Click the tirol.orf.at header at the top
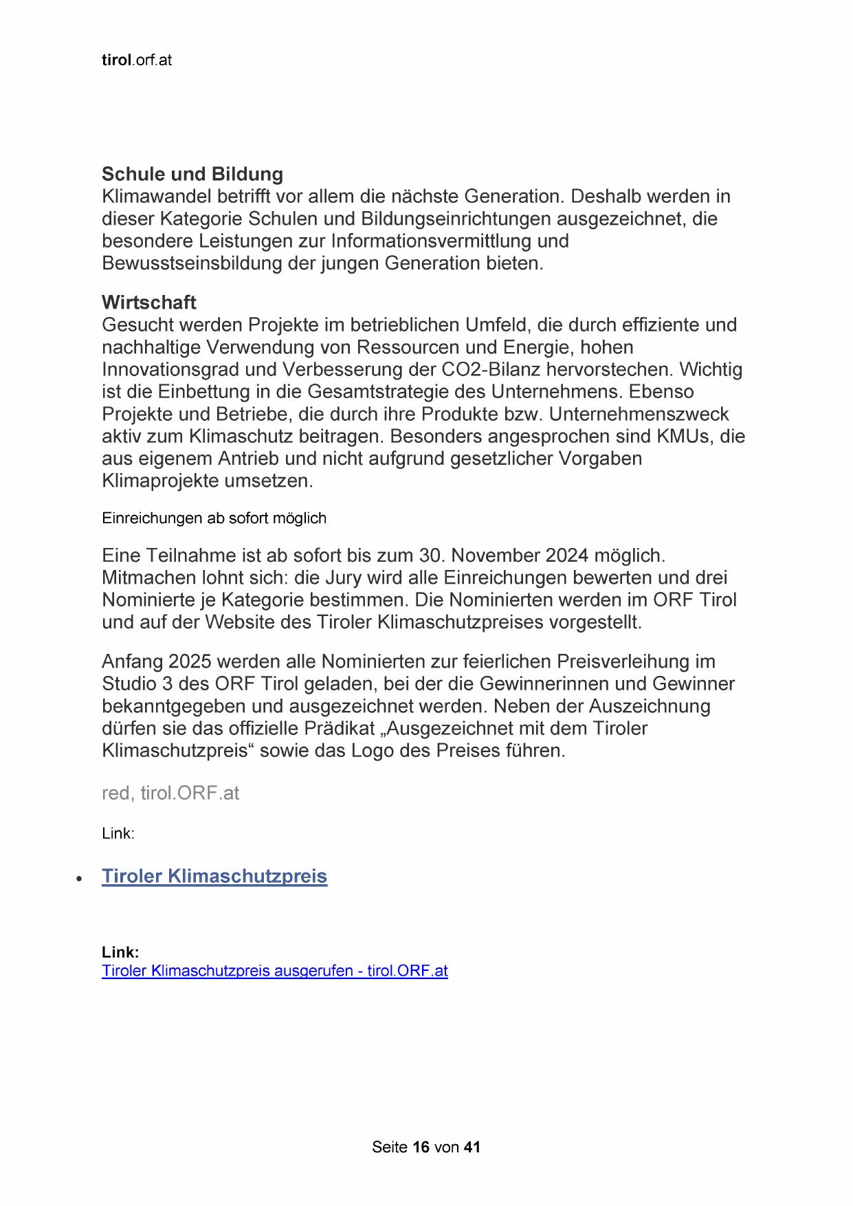click(136, 61)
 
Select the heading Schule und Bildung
click(192, 174)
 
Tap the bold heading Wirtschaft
click(148, 303)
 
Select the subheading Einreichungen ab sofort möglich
click(214, 518)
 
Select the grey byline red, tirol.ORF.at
click(170, 793)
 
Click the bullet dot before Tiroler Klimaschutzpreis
click(80, 879)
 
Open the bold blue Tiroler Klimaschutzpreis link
click(214, 877)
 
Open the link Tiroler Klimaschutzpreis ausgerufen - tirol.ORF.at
click(274, 971)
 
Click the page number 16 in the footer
click(421, 1147)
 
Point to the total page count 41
click(472, 1147)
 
